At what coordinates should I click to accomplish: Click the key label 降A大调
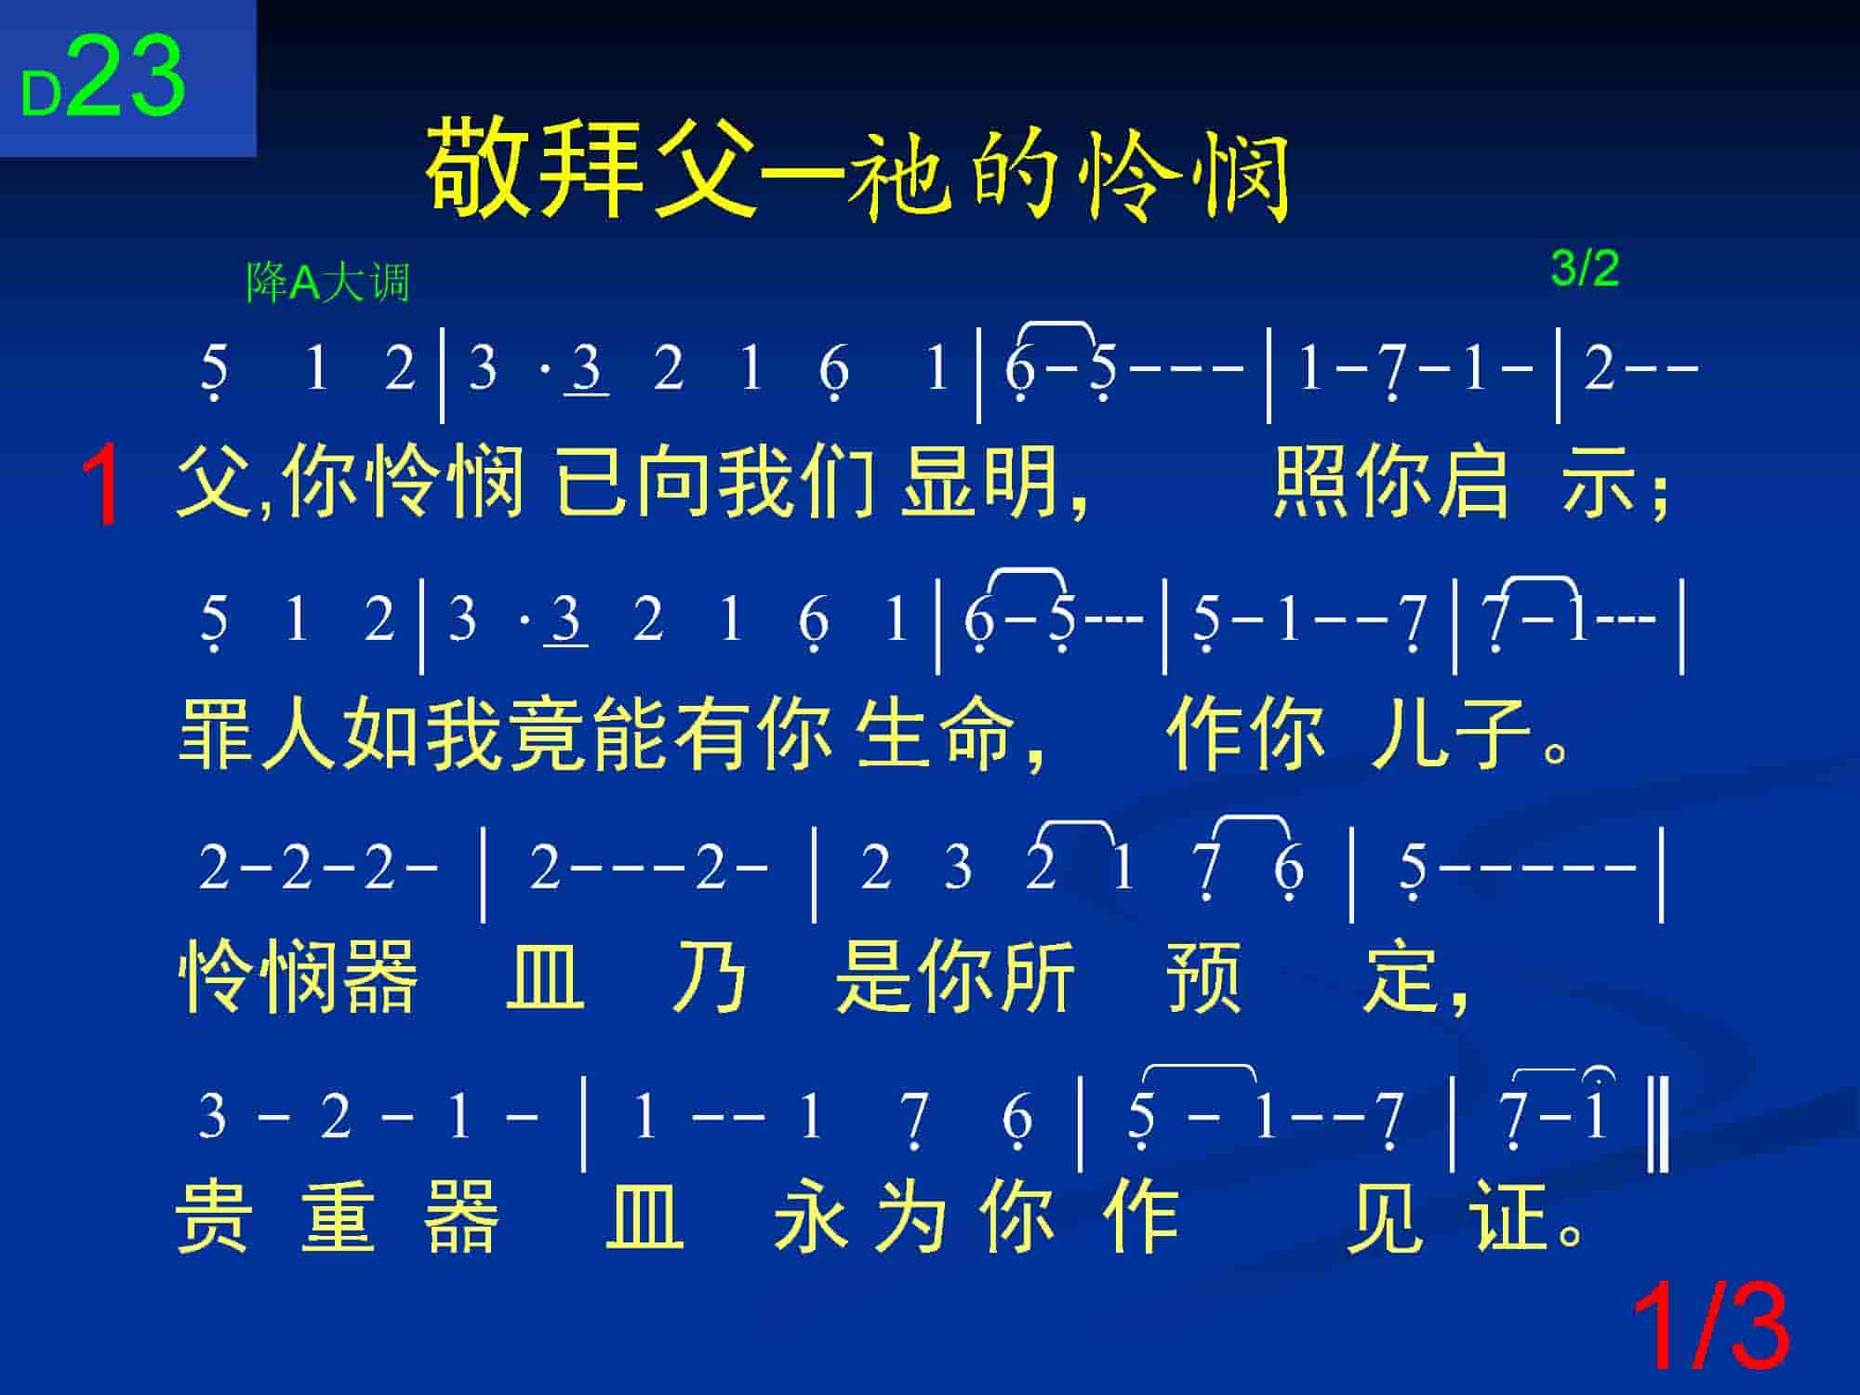[327, 282]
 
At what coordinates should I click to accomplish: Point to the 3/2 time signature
[1585, 269]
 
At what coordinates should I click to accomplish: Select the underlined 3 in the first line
[586, 369]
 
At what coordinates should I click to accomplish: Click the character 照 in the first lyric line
[1310, 483]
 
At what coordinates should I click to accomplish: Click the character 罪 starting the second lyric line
[216, 734]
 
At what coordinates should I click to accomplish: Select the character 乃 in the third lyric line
[709, 976]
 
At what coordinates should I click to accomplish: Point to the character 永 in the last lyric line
[811, 1217]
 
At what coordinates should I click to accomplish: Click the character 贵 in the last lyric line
[214, 1217]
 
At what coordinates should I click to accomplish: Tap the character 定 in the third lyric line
[1401, 976]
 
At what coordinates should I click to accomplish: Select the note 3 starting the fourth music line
[212, 1116]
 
